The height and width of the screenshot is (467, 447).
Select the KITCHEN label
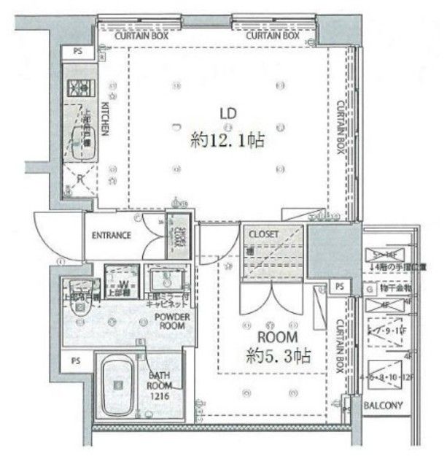click(105, 117)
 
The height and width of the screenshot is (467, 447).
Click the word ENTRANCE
click(111, 235)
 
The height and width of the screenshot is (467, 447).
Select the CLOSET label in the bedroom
click(263, 233)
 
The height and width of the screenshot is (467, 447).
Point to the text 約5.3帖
click(277, 357)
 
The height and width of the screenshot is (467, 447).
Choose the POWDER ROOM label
click(172, 321)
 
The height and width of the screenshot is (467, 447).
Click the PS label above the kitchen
click(77, 51)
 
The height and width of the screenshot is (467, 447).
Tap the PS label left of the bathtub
click(75, 361)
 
